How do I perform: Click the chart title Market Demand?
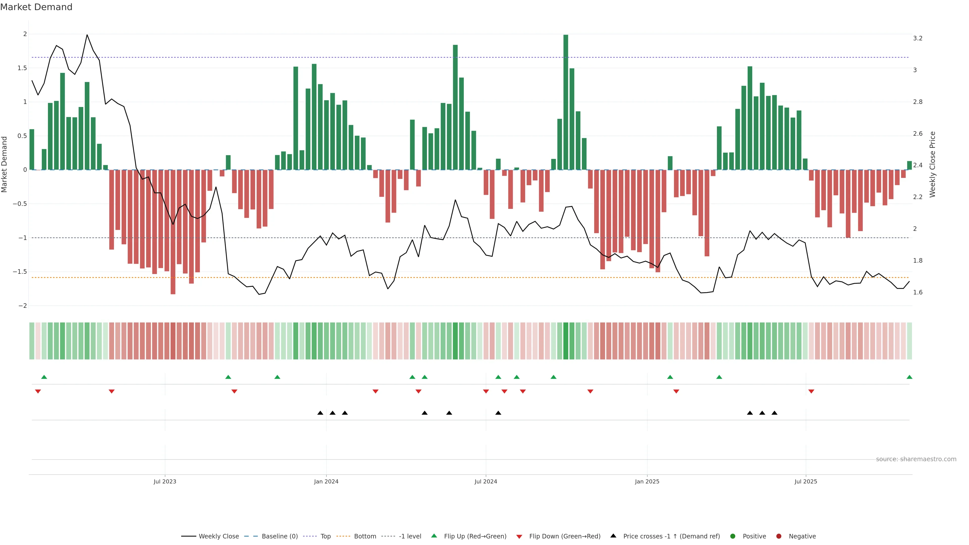tap(36, 7)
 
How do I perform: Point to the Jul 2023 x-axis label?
tap(165, 481)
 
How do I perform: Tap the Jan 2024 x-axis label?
tap(326, 481)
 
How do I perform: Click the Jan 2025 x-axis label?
tap(647, 481)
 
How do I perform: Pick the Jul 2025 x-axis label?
tap(806, 481)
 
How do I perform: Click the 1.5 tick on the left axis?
tap(22, 68)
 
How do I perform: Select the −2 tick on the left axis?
tap(22, 306)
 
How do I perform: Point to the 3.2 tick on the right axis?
tap(918, 38)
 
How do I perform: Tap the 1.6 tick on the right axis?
tap(918, 292)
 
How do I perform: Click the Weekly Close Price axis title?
tap(932, 164)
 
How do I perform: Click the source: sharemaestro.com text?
tap(916, 459)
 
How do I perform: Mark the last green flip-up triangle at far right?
tap(909, 377)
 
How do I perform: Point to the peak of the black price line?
tap(87, 35)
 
